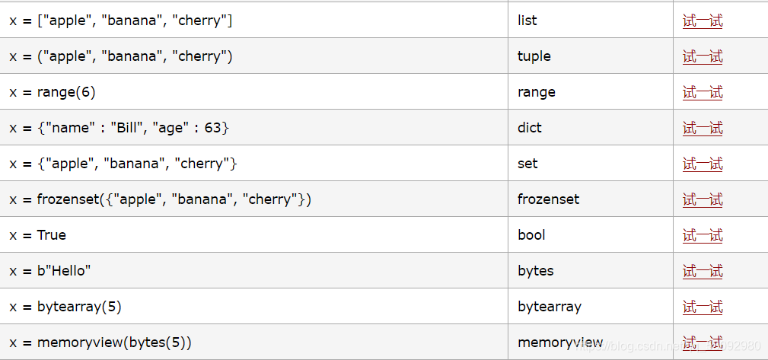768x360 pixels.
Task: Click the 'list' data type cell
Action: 527,21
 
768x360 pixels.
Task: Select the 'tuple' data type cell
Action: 534,56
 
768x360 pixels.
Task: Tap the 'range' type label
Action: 536,92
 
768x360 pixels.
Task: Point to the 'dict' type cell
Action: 529,128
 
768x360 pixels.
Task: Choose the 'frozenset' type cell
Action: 548,199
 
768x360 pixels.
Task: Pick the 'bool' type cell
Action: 531,235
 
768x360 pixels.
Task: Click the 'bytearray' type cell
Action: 549,307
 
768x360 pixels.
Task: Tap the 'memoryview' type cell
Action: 560,342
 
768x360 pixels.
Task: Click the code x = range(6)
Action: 53,92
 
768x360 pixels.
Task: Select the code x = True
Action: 38,235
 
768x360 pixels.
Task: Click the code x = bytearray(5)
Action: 65,307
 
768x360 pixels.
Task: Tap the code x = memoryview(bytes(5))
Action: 100,342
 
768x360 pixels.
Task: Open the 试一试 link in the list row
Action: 703,21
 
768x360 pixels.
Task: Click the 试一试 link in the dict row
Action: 703,129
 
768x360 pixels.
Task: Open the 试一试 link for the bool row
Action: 703,236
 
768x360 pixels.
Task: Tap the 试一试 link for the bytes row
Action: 703,272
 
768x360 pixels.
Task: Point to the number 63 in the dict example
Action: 212,128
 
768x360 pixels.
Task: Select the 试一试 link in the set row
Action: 703,164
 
